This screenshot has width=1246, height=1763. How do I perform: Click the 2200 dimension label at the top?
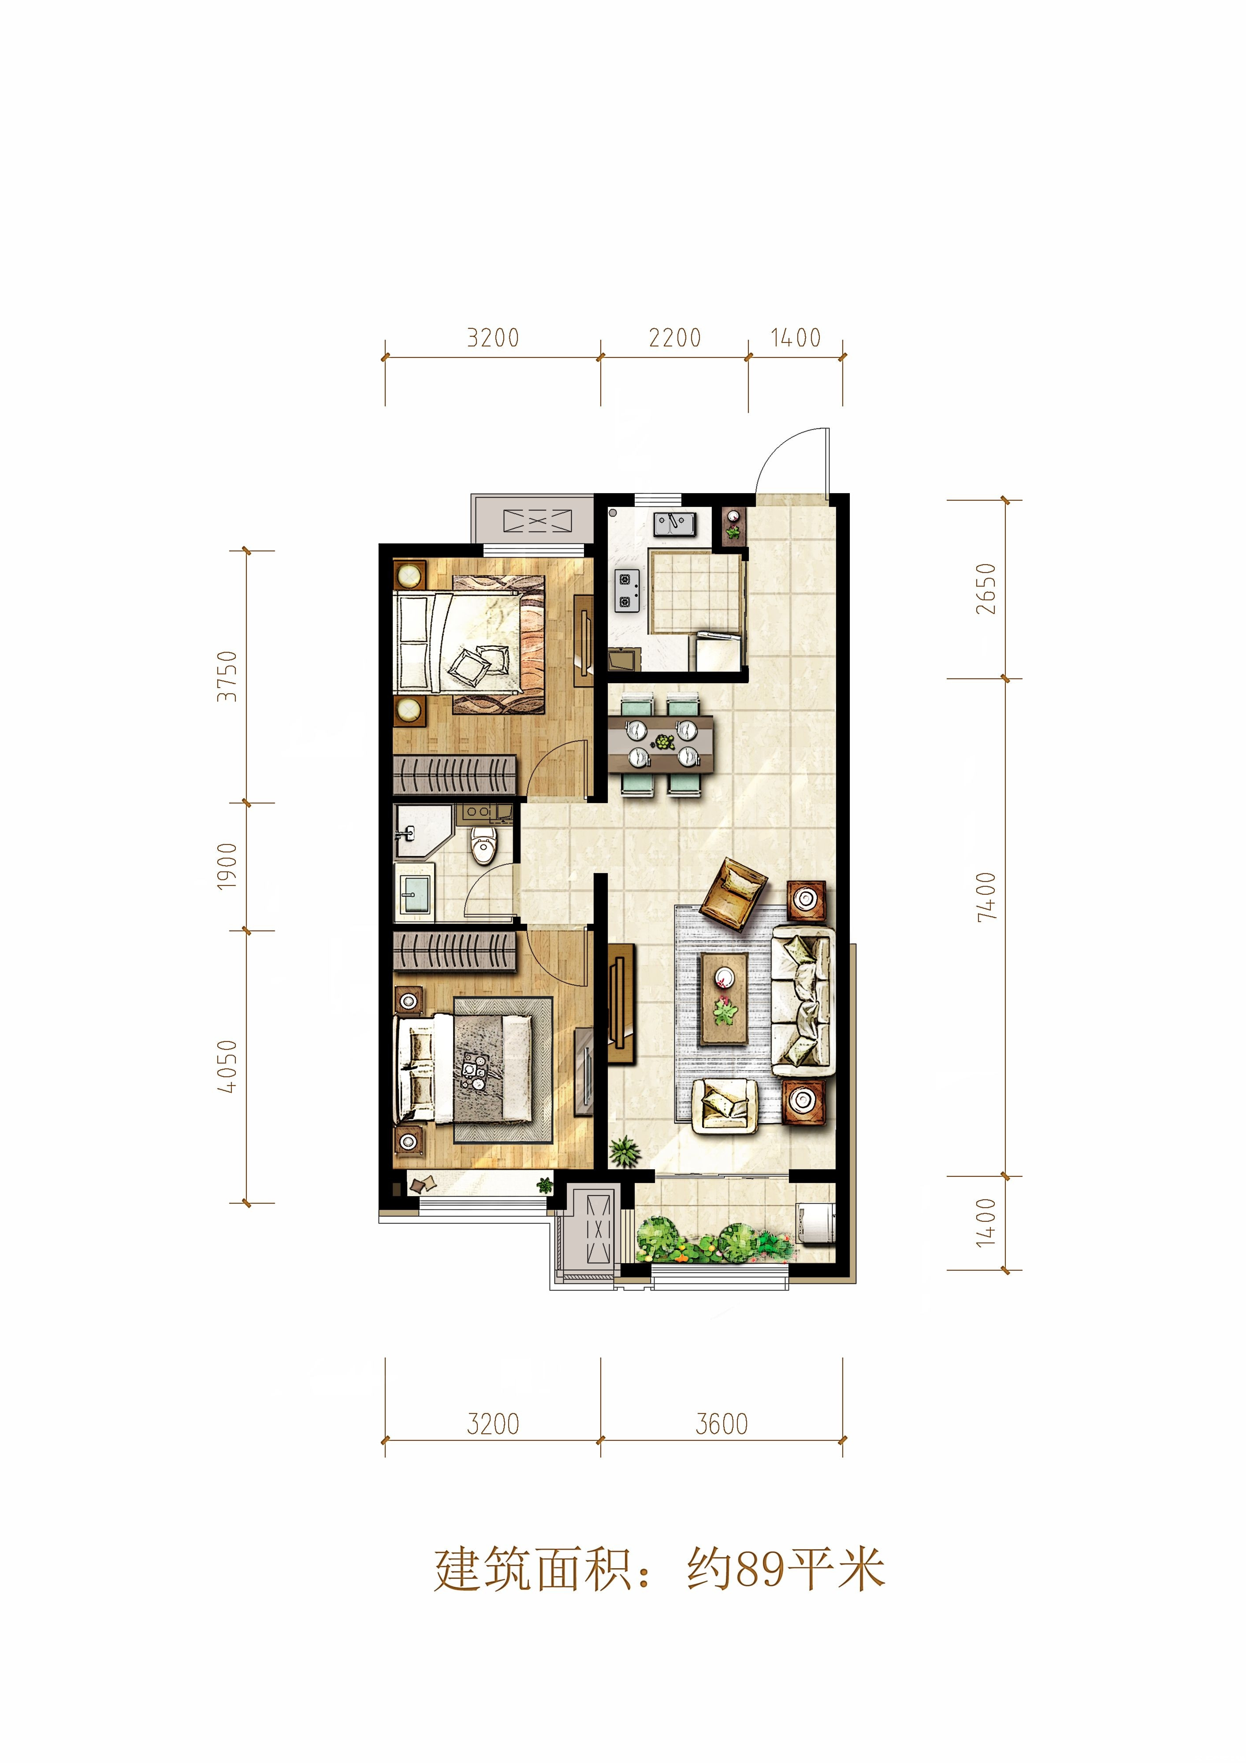pos(675,338)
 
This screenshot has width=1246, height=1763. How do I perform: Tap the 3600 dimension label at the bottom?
pos(722,1425)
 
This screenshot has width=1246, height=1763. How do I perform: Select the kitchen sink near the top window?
pos(674,524)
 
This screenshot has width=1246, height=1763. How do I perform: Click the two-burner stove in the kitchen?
pos(626,591)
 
